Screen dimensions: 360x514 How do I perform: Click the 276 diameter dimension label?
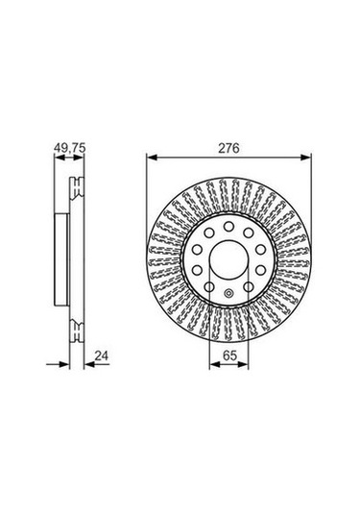click(229, 148)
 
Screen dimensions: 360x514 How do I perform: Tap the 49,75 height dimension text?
click(69, 148)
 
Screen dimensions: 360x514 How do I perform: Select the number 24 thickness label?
click(102, 355)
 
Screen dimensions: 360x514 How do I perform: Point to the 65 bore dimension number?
click(229, 355)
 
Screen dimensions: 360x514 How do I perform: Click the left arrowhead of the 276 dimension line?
click(152, 158)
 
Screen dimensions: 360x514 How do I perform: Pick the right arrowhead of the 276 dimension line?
click(305, 158)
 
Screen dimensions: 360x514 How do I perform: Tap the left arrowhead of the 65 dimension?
click(214, 364)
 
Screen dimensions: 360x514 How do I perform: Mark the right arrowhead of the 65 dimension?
click(244, 364)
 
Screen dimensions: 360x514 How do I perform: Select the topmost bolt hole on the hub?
click(228, 226)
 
